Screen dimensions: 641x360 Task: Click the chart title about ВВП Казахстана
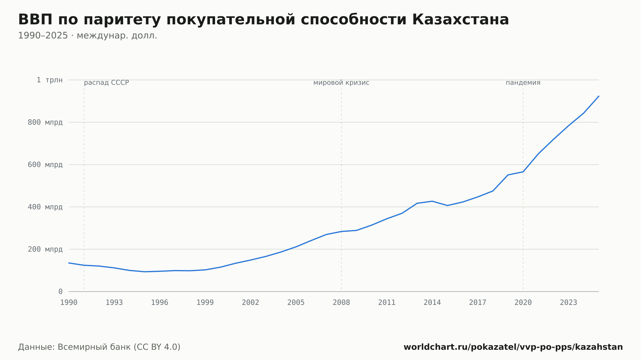click(x=263, y=20)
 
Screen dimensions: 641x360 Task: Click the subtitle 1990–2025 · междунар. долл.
click(x=87, y=36)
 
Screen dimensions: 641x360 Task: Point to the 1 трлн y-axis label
click(x=49, y=80)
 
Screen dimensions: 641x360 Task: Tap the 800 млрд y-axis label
click(x=45, y=122)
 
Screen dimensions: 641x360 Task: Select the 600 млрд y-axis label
click(x=45, y=165)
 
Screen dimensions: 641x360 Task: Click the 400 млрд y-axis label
click(x=45, y=207)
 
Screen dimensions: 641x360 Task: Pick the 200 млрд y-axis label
click(x=45, y=249)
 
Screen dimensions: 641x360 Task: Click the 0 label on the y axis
click(x=60, y=291)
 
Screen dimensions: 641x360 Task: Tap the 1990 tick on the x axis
click(x=69, y=303)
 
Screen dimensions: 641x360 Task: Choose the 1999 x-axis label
click(x=205, y=303)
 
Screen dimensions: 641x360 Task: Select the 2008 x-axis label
click(x=341, y=303)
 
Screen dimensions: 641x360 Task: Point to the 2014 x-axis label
click(x=432, y=303)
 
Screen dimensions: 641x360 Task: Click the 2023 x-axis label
click(x=569, y=303)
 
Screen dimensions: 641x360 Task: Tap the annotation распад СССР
click(x=106, y=83)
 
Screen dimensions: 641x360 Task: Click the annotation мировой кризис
click(x=341, y=83)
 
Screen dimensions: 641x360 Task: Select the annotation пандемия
click(x=523, y=83)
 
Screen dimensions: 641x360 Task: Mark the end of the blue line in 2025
click(x=599, y=96)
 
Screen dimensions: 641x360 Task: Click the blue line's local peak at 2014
click(x=432, y=201)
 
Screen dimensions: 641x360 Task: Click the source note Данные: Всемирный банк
click(x=99, y=347)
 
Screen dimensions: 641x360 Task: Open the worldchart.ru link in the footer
click(x=513, y=347)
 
